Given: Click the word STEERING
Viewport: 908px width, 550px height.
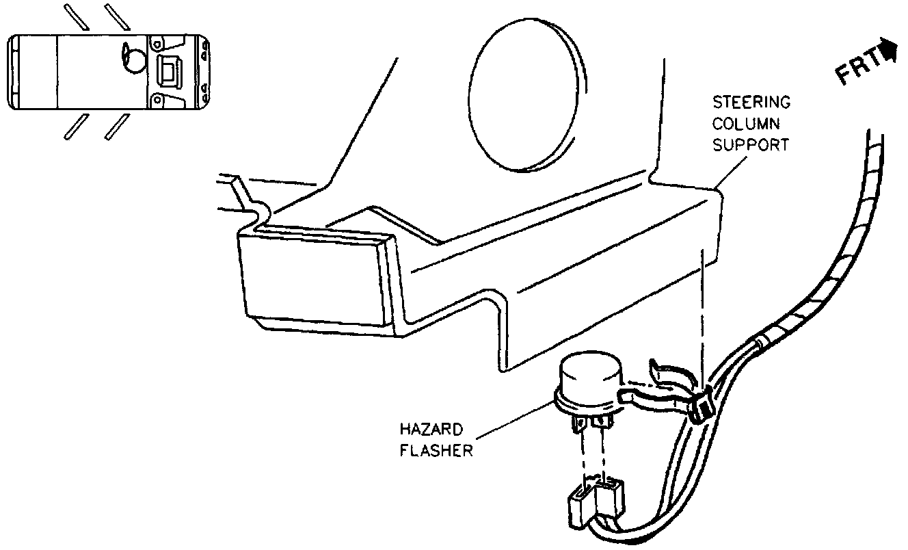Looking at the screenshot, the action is [751, 103].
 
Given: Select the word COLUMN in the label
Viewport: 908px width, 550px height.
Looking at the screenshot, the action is [747, 125].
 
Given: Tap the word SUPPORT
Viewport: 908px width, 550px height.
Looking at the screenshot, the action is [751, 145].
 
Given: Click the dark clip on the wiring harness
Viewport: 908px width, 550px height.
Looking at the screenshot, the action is [700, 408].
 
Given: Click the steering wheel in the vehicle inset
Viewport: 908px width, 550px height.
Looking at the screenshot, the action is [133, 60].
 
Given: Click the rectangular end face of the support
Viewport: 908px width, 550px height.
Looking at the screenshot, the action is [312, 280].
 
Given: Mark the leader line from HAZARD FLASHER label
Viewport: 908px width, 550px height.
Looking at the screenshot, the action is [513, 423].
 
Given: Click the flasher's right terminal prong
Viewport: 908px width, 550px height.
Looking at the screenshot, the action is [602, 425].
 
